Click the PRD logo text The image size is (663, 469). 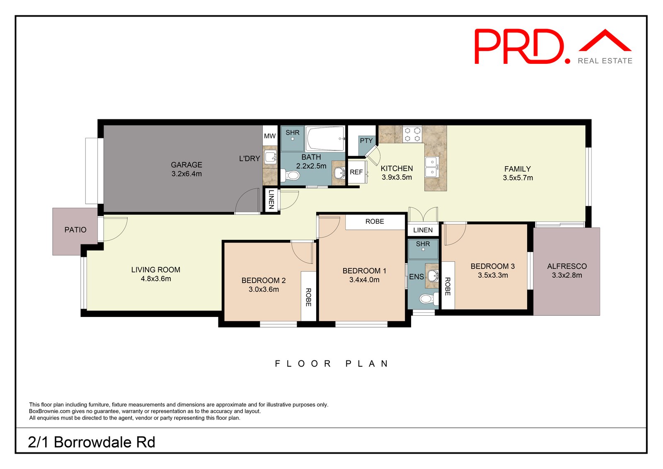(522, 46)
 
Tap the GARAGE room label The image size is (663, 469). (186, 165)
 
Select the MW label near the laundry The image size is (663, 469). (270, 136)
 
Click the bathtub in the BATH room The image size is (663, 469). (325, 139)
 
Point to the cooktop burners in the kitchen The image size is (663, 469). (412, 134)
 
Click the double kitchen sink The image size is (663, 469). (432, 167)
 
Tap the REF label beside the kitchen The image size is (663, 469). (356, 172)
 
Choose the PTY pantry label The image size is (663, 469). (366, 141)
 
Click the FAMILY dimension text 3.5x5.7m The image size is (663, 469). (518, 178)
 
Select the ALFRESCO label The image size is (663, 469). (567, 266)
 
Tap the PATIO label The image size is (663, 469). (75, 230)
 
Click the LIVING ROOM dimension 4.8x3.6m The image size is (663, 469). (156, 279)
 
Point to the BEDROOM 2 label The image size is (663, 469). (264, 280)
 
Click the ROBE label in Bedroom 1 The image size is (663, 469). (375, 221)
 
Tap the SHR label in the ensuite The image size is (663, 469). (423, 244)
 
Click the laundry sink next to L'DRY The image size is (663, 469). (271, 157)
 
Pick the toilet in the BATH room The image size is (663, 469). (290, 176)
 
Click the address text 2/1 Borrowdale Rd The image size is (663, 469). (92, 442)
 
